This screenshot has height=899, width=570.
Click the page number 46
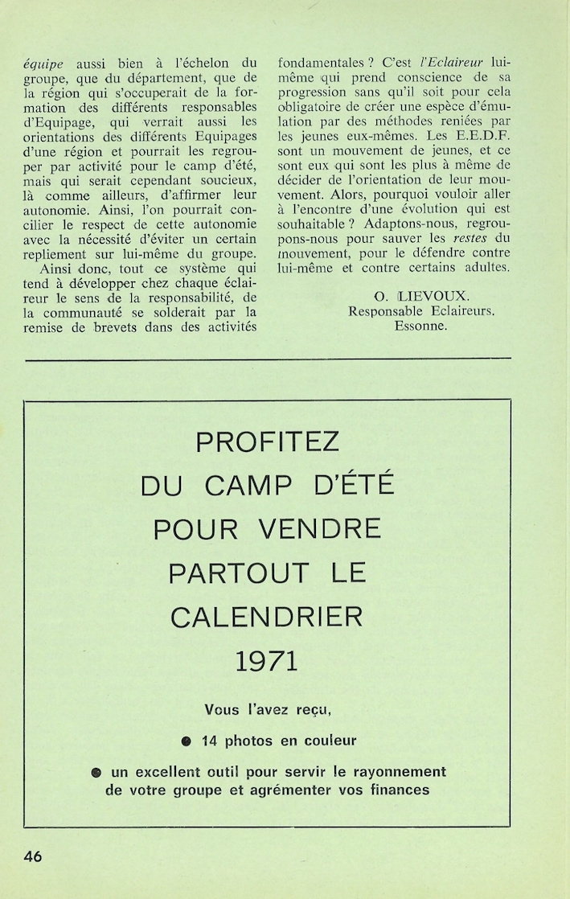pyautogui.click(x=33, y=856)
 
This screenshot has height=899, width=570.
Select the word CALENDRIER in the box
pyautogui.click(x=268, y=616)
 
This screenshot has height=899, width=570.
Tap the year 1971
pyautogui.click(x=268, y=661)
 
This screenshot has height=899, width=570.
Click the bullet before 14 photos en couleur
pyautogui.click(x=187, y=741)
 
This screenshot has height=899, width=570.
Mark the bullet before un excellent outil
pyautogui.click(x=96, y=772)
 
